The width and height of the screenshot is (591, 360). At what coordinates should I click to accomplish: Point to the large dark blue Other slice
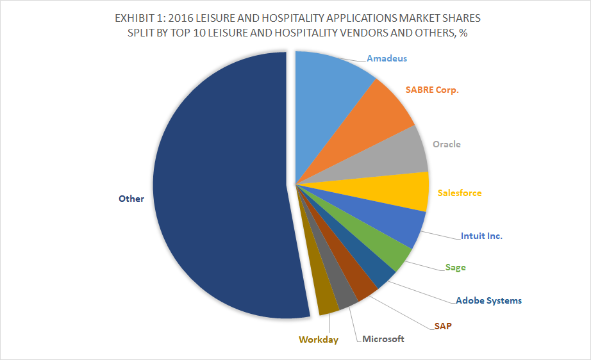pyautogui.click(x=218, y=192)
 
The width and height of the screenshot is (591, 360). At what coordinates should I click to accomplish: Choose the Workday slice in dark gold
pyautogui.click(x=328, y=301)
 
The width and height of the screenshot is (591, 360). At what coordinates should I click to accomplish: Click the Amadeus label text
pyautogui.click(x=387, y=58)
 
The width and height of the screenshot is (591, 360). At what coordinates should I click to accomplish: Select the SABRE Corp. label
pyautogui.click(x=433, y=90)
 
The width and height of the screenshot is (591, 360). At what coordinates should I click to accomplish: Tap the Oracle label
pyautogui.click(x=446, y=144)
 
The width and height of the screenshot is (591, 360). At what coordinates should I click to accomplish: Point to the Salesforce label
pyautogui.click(x=459, y=193)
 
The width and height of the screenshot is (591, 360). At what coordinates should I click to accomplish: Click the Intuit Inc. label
pyautogui.click(x=481, y=236)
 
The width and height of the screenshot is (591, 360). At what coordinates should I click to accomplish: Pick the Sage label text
pyautogui.click(x=456, y=267)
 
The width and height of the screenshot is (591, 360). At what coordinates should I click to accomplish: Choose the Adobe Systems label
pyautogui.click(x=488, y=300)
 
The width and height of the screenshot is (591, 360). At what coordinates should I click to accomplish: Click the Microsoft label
pyautogui.click(x=383, y=339)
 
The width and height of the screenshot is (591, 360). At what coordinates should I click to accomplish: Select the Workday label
pyautogui.click(x=318, y=340)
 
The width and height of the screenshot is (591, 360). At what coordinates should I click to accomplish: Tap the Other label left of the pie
pyautogui.click(x=131, y=199)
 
